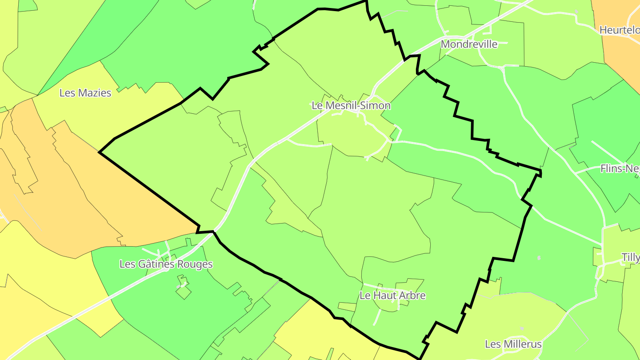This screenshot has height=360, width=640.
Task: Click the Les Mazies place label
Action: pos(85,93)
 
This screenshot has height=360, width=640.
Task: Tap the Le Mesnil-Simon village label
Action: pos(351,105)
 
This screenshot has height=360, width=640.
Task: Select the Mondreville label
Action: pos(469,44)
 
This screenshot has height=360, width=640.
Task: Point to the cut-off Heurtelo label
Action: pos(619,30)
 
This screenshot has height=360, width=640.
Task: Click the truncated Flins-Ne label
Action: pos(620,168)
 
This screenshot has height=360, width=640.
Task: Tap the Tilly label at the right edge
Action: pos(630,257)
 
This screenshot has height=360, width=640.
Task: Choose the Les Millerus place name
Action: pos(513,344)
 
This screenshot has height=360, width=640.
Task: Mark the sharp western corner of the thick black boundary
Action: pos(99,152)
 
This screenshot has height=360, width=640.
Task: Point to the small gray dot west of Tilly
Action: pos(539,258)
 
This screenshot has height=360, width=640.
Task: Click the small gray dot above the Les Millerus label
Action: pos(522,328)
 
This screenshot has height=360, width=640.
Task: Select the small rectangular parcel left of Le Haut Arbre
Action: pos(347,307)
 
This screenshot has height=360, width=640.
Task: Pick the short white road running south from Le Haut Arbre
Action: pos(377,316)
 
